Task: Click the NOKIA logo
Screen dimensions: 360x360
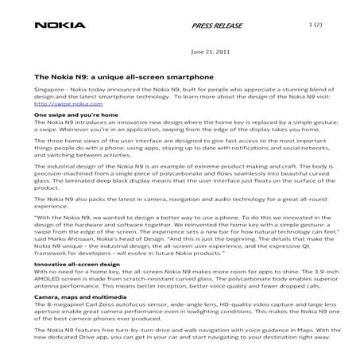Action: pyautogui.click(x=60, y=25)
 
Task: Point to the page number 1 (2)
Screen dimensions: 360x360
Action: pyautogui.click(x=317, y=25)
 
